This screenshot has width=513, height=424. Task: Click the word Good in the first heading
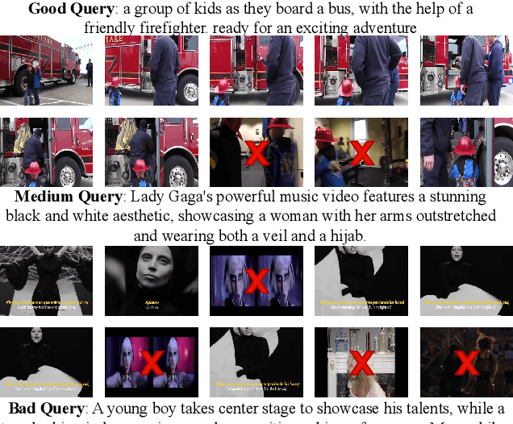click(x=46, y=10)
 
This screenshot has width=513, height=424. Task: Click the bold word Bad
click(x=24, y=409)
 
